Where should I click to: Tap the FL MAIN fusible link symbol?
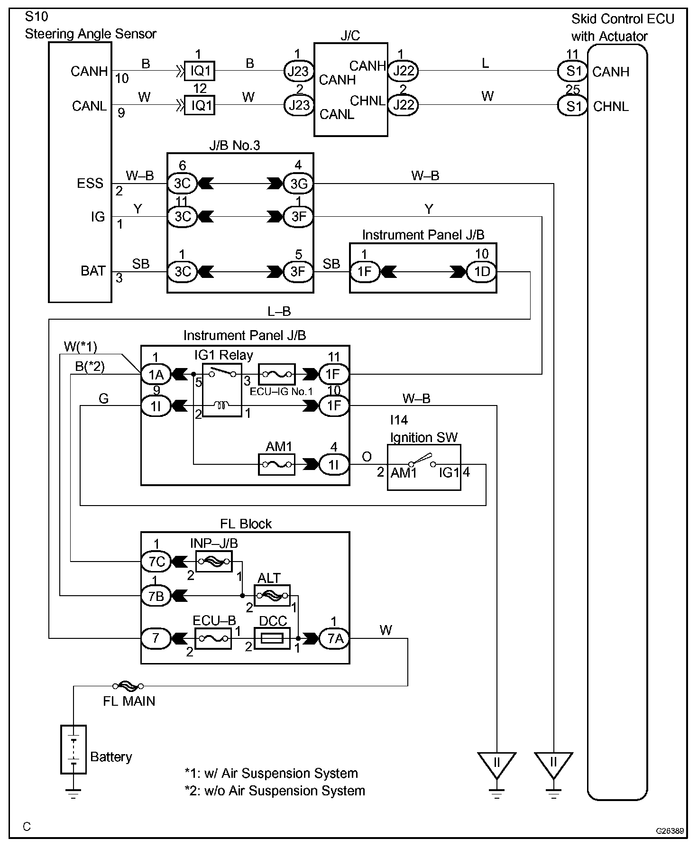(128, 686)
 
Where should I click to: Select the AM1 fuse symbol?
(276, 465)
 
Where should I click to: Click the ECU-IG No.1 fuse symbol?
(276, 375)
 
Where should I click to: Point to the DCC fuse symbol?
(272, 639)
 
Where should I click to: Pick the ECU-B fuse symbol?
(213, 639)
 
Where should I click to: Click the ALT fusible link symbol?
(272, 596)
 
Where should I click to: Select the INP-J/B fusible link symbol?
(214, 562)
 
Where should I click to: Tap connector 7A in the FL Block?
(335, 639)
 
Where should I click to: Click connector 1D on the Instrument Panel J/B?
(482, 272)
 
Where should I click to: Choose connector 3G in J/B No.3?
(298, 184)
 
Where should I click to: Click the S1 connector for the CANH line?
(573, 71)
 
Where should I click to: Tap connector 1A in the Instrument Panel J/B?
(156, 375)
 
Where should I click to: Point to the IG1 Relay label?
(224, 355)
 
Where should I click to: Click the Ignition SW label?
(424, 437)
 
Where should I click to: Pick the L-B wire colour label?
(279, 311)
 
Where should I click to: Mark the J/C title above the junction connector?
(350, 36)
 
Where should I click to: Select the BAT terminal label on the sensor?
(93, 271)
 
